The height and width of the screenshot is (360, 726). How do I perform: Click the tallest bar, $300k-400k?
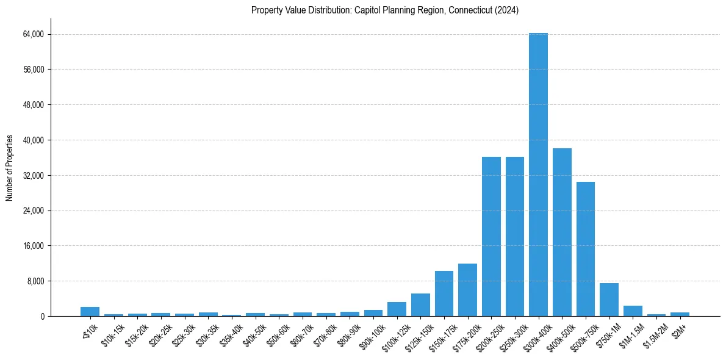click(x=538, y=175)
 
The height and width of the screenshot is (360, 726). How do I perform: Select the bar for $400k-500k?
click(x=562, y=232)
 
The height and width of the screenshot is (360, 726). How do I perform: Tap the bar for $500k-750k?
click(x=585, y=249)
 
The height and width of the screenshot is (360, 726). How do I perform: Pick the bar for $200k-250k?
click(x=491, y=237)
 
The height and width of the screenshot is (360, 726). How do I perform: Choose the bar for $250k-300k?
click(x=515, y=237)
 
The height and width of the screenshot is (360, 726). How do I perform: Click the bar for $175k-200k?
click(x=467, y=290)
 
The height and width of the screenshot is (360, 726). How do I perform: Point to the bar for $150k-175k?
click(x=444, y=293)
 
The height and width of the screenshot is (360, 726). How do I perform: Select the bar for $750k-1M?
click(x=609, y=300)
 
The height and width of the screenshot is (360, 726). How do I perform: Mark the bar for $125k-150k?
click(x=420, y=305)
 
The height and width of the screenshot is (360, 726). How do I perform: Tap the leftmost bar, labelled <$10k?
click(x=90, y=311)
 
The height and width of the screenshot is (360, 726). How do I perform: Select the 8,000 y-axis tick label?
click(x=35, y=281)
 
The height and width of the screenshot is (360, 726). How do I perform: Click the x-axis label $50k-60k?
click(x=277, y=333)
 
